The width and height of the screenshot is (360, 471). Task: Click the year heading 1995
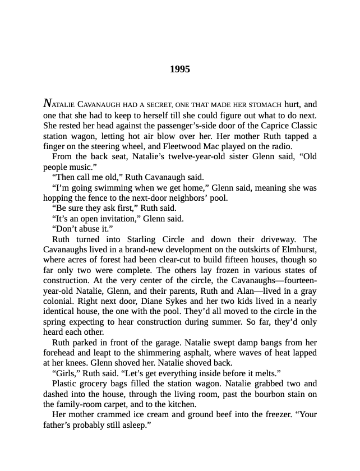click(180, 70)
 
